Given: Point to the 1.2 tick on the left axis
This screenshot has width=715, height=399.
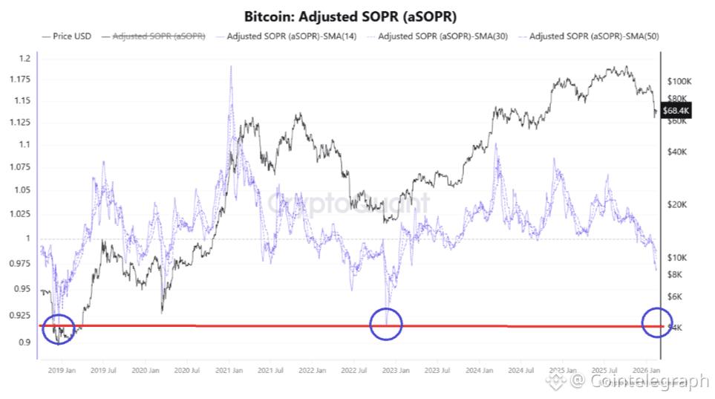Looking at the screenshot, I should [x=25, y=59].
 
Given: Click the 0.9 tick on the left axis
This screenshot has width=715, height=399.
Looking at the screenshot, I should [x=25, y=343].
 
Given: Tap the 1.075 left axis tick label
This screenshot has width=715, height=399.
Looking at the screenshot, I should [x=21, y=169].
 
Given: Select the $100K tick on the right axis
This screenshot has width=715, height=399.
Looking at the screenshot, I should [x=679, y=81].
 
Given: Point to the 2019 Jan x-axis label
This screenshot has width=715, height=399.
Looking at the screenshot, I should [x=61, y=369].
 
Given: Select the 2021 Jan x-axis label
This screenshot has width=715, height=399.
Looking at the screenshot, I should [x=229, y=369].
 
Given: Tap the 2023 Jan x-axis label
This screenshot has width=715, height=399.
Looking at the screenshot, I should [x=396, y=369].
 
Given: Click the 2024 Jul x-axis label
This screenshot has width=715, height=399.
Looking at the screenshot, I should [x=522, y=369].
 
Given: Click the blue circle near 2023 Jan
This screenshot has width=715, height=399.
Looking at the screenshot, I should [x=385, y=323].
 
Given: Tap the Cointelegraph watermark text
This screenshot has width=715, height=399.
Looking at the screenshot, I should [x=640, y=381].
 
